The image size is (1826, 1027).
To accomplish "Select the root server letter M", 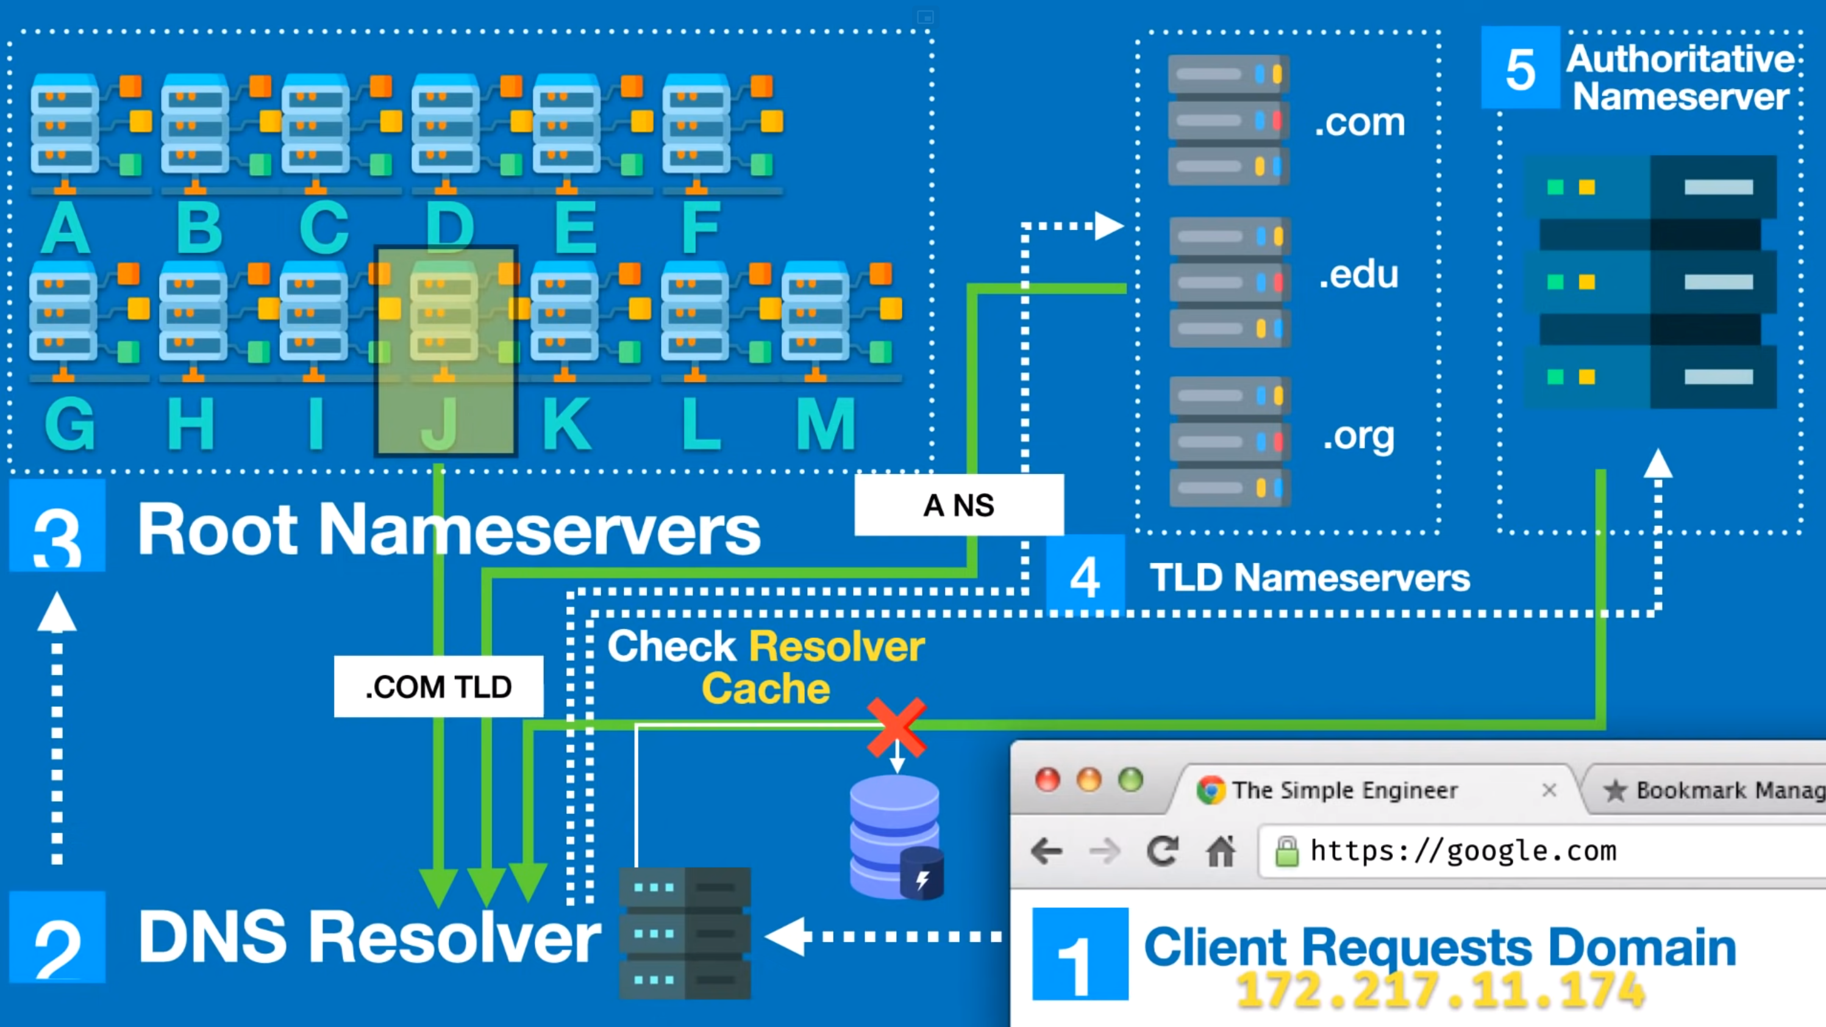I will pos(826,424).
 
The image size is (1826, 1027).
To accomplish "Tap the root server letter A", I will pos(65,228).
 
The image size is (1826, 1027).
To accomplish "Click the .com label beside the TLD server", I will pos(1360,123).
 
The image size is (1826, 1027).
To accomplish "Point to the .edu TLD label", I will pos(1358,275).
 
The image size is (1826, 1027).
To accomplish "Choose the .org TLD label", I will pos(1358,436).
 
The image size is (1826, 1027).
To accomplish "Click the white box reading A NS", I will pos(958,505).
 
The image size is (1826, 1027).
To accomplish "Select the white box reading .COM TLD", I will pos(439,686).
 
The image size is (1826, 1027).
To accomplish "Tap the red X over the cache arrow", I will pos(897,727).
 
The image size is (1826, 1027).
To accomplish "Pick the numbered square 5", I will pos(1521,68).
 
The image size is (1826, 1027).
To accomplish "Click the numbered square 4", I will pos(1085,576).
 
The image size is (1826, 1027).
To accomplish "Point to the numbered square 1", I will pos(1080,954).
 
